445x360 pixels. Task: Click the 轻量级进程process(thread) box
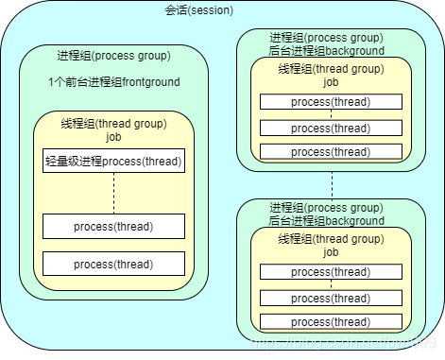tap(113, 162)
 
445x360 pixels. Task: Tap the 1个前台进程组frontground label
tap(113, 82)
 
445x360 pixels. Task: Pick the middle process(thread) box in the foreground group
tap(113, 227)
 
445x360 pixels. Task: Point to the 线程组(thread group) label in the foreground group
tap(113, 124)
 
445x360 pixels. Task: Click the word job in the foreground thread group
tap(113, 136)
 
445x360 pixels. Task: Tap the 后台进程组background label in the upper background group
tap(326, 49)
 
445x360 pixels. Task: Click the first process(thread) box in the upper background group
tap(331, 101)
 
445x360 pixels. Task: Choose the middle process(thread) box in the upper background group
tap(331, 128)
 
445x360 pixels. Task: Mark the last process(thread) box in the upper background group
tap(331, 151)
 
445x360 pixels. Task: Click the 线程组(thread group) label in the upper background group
tap(331, 68)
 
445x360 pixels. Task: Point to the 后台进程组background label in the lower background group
tap(326, 220)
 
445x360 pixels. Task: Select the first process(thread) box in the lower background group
tap(331, 272)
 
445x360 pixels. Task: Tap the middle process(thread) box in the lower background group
tap(331, 298)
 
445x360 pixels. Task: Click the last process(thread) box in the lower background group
tap(331, 322)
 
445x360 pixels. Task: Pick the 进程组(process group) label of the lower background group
tap(326, 208)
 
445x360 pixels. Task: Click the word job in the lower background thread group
tap(331, 252)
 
